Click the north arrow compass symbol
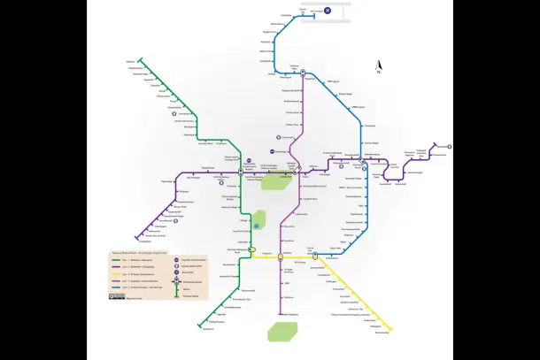(379, 65)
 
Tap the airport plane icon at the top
(327, 10)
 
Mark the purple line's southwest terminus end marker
(137, 240)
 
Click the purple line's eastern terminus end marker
(435, 144)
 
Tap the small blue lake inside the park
(258, 226)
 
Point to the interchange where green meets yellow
(252, 251)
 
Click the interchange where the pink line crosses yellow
(280, 257)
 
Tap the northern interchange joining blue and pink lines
(303, 73)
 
